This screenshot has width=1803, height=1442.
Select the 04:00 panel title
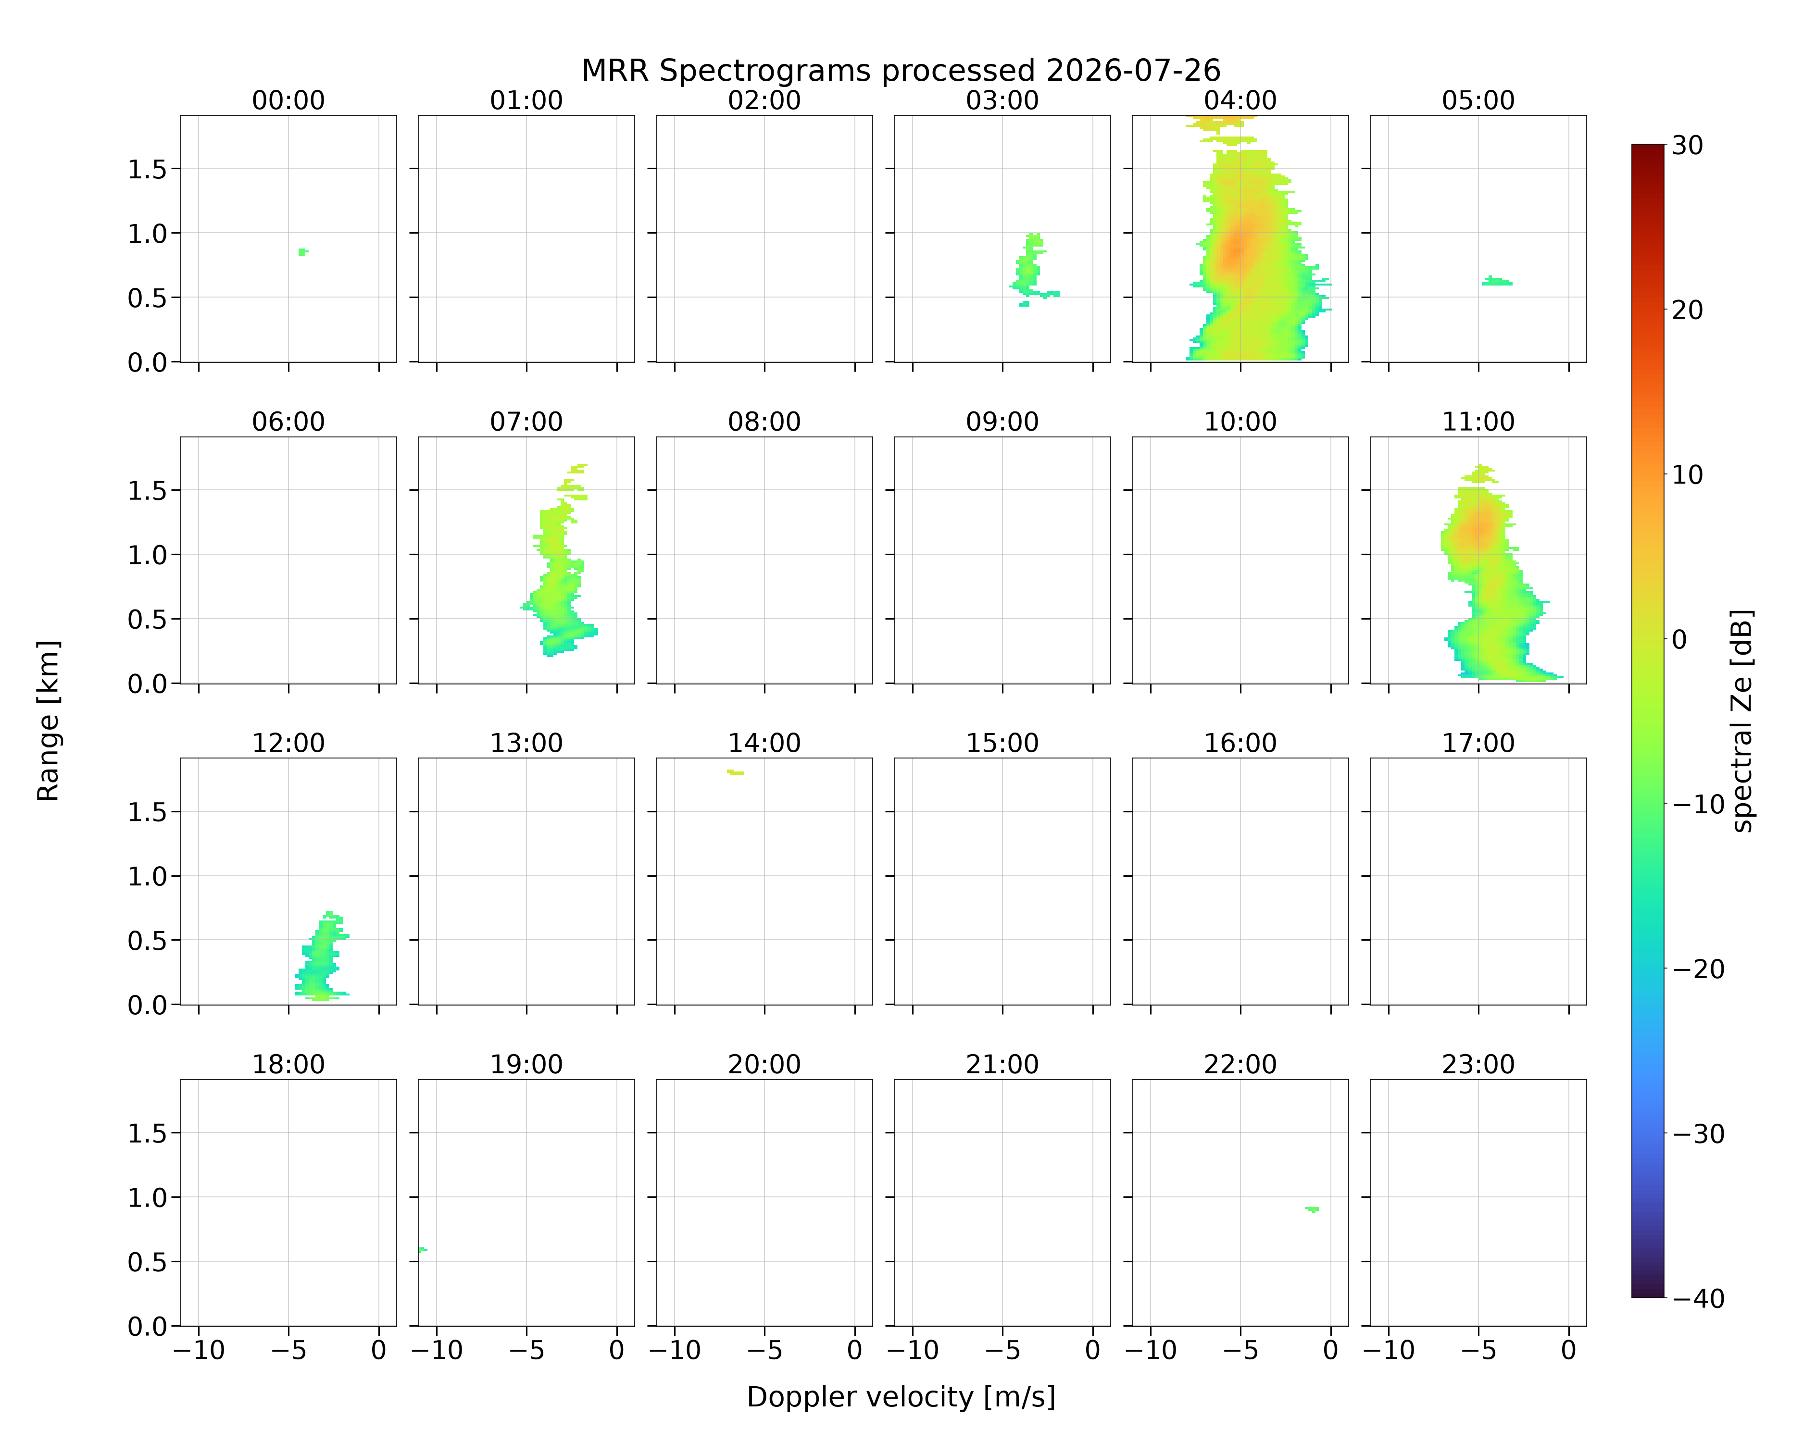coord(1240,100)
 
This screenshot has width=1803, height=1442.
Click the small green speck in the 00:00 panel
coord(303,251)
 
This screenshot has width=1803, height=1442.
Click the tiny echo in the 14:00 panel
coord(735,772)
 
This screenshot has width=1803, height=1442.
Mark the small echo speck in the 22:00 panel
coord(1312,1209)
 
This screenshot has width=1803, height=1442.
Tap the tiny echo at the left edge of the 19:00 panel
coord(422,1250)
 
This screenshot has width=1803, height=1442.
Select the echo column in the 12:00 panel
coord(320,957)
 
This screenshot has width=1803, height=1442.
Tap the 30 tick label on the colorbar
coord(1688,146)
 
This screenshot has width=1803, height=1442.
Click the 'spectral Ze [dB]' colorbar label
coord(1742,721)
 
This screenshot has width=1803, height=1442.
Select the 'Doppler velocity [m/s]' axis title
coord(901,1397)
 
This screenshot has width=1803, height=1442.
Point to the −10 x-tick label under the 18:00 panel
coord(199,1350)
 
